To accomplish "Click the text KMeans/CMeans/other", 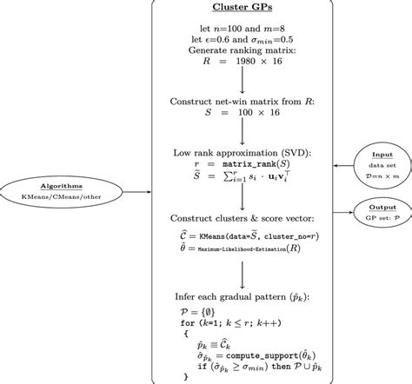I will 51,199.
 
